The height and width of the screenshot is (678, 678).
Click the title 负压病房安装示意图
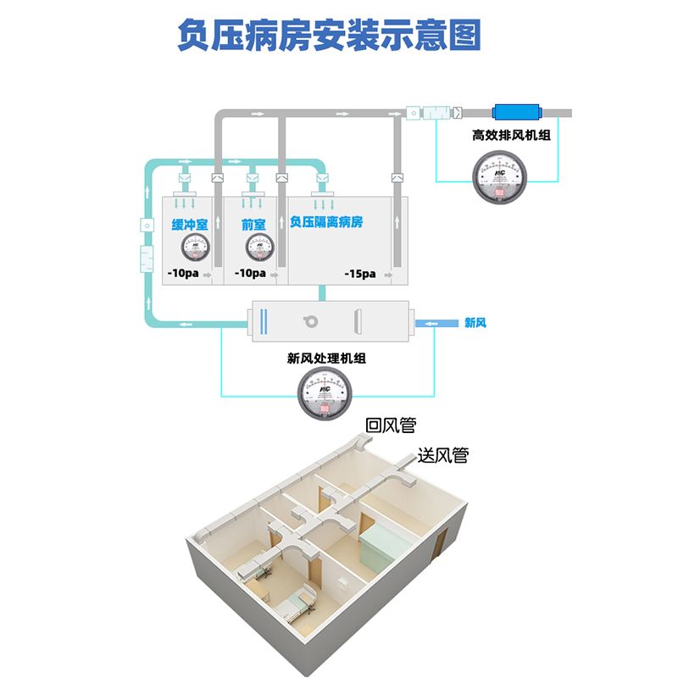[x=329, y=36]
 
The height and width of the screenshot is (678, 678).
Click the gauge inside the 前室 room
[x=258, y=247]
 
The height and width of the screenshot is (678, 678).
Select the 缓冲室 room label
[x=190, y=225]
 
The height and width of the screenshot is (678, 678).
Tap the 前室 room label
[x=253, y=225]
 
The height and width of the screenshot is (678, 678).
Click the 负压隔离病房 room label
[x=325, y=223]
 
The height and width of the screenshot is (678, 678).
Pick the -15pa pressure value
[x=359, y=274]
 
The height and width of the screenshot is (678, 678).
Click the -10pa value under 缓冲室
[x=182, y=274]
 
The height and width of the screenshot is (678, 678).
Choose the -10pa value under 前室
[x=250, y=274]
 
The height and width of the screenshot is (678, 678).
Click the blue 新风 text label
[x=475, y=323]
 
